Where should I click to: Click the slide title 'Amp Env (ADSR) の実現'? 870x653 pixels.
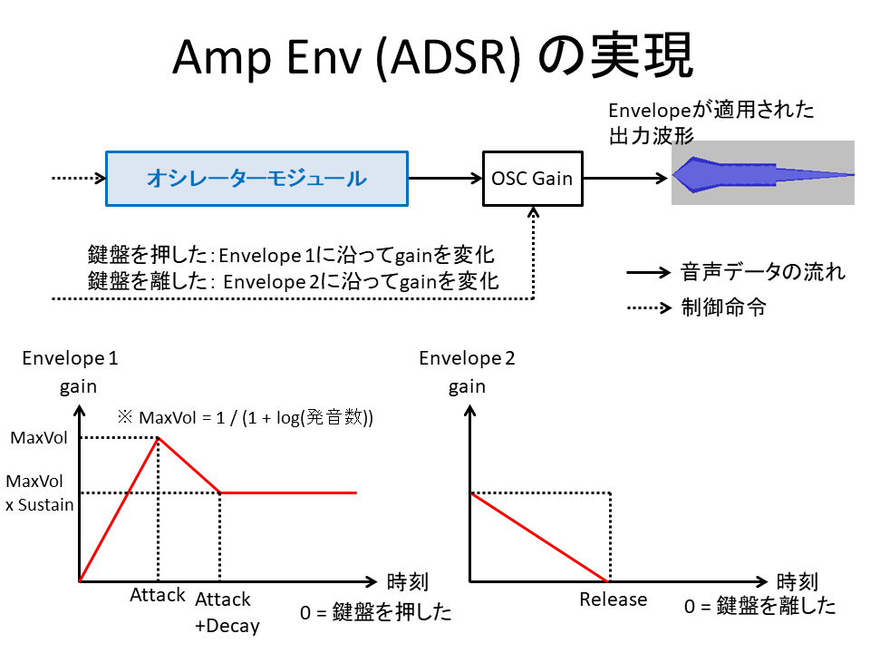[x=433, y=58]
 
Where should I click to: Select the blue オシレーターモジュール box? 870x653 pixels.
[x=256, y=179]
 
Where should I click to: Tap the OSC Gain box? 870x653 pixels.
[x=531, y=179]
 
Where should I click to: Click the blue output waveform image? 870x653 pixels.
[x=761, y=173]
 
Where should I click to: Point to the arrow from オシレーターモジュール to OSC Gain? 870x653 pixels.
[x=445, y=179]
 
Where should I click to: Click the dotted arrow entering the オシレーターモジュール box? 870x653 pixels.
[x=78, y=179]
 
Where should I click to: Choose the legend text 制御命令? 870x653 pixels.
[x=723, y=307]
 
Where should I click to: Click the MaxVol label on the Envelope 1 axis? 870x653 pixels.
[x=39, y=438]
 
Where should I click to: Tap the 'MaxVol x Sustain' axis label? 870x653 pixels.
[x=39, y=492]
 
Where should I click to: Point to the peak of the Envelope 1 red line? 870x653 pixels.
[x=159, y=438]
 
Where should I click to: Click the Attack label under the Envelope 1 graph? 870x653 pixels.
[x=157, y=596]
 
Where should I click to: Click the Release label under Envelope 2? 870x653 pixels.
[x=614, y=599]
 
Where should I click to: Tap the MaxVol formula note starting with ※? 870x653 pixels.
[x=245, y=417]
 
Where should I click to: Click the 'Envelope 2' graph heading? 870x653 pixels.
[x=467, y=358]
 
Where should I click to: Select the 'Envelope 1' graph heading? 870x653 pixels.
[x=70, y=358]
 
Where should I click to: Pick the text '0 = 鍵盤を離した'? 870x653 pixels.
[x=759, y=607]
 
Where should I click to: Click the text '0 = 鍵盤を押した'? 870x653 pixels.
[x=375, y=612]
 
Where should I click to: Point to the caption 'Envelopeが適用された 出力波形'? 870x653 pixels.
[x=710, y=122]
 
